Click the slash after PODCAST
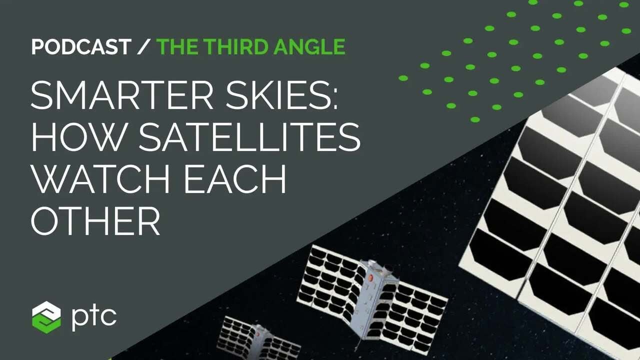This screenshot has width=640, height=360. pyautogui.click(x=143, y=46)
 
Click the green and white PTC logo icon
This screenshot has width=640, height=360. pyautogui.click(x=46, y=316)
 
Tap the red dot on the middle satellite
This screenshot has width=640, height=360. pyautogui.click(x=370, y=277)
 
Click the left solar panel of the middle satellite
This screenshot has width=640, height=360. pyautogui.click(x=330, y=280)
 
